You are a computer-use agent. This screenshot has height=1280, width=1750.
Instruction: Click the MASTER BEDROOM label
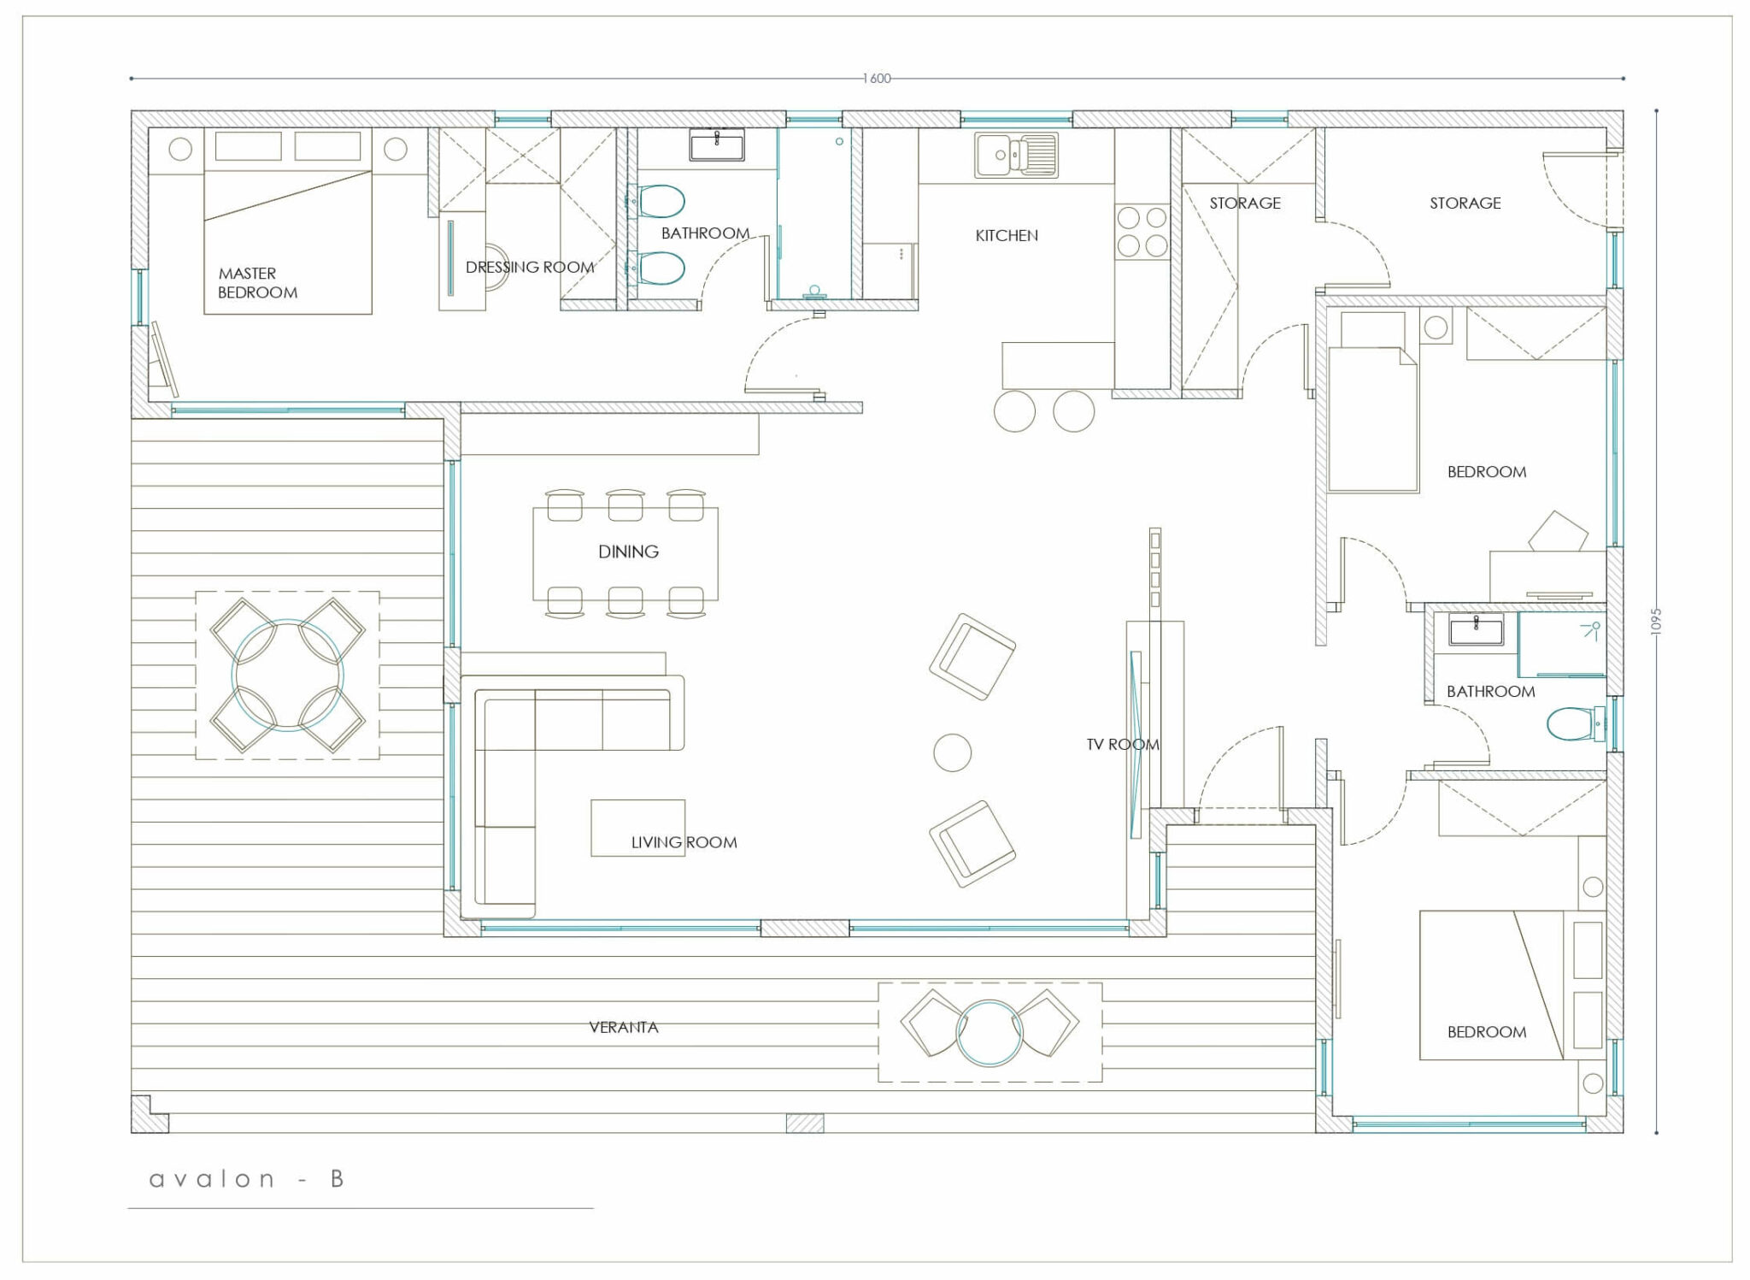(x=257, y=283)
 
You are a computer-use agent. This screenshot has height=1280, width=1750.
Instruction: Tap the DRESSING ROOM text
(x=530, y=267)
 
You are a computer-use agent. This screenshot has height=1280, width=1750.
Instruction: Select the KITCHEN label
(x=1007, y=235)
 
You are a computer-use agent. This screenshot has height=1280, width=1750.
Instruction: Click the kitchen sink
(x=1016, y=156)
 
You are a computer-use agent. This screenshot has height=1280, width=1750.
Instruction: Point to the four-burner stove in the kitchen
(x=1142, y=232)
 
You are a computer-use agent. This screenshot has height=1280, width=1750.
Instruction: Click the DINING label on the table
(x=628, y=552)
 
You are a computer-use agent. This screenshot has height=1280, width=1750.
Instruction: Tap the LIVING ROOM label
(x=684, y=842)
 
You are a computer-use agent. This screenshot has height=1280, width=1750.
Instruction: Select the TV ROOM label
(x=1123, y=745)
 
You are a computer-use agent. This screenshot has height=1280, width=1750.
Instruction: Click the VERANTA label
(x=624, y=1027)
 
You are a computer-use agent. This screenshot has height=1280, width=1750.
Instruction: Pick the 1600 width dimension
(x=877, y=79)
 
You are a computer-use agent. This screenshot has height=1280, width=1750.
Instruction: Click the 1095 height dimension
(x=1655, y=621)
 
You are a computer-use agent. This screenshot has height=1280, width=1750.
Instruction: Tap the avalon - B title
(x=246, y=1179)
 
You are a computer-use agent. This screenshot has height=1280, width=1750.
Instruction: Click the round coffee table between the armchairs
(x=952, y=753)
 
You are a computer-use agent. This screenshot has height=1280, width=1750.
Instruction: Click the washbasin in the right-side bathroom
(x=1476, y=630)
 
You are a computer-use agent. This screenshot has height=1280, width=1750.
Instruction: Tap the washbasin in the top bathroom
(x=716, y=145)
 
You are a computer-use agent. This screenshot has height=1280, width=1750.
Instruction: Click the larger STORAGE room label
(x=1465, y=203)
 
